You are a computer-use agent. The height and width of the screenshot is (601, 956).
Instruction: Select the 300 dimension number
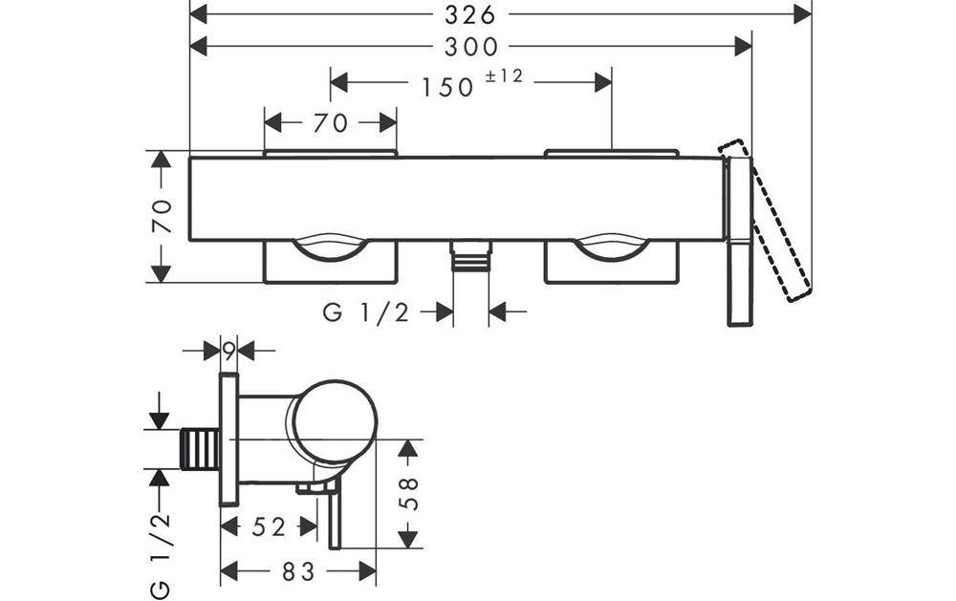point(471,46)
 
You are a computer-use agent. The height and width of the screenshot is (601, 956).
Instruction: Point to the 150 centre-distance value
point(447,87)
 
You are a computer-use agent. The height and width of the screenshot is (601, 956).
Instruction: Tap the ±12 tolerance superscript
point(504,76)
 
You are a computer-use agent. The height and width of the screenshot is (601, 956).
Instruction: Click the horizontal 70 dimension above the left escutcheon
point(330,122)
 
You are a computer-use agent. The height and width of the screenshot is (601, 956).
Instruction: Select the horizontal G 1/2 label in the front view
point(366,312)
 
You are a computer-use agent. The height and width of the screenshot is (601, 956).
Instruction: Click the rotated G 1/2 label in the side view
point(161,551)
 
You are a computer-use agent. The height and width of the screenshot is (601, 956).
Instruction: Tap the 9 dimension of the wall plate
point(228,351)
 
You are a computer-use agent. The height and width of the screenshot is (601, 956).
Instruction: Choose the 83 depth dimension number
point(298,571)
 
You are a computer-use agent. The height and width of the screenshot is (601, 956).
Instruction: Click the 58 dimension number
point(408,493)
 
